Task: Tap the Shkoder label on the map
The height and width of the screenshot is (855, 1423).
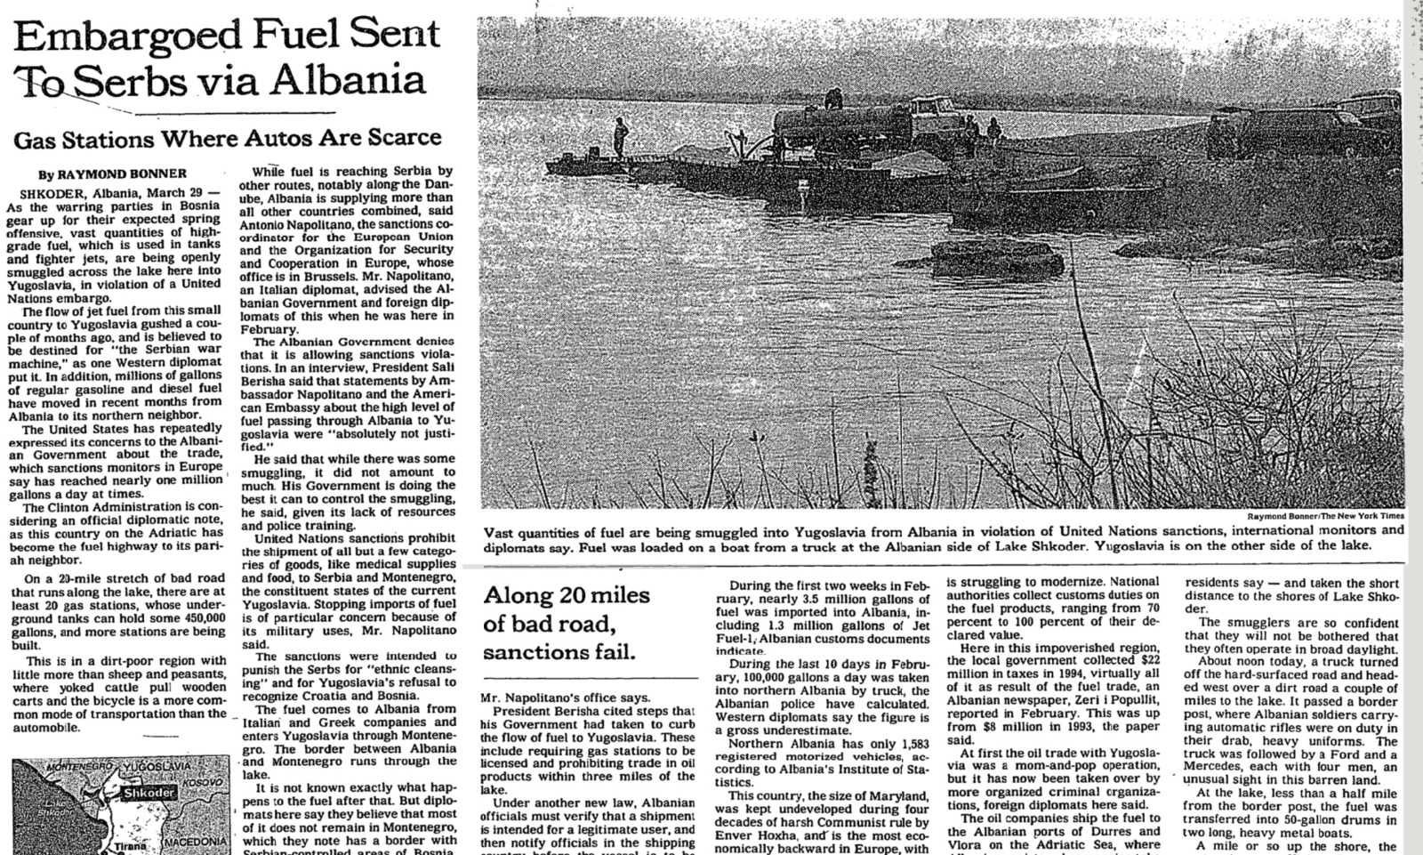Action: [149, 794]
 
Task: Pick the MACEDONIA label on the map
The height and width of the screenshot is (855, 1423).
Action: [197, 842]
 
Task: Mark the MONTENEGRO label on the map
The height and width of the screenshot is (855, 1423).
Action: [81, 767]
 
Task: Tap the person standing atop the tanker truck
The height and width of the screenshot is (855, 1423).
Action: [833, 96]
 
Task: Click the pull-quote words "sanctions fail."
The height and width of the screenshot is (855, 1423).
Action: [560, 652]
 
